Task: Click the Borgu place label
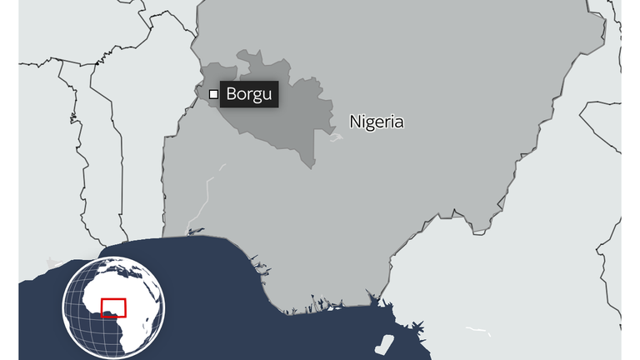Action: pos(248,94)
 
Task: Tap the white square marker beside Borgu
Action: pos(213,94)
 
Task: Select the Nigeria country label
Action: pos(377,122)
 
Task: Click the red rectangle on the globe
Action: pos(113,307)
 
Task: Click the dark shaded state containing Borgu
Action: pos(275,117)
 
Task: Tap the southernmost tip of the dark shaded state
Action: pos(312,166)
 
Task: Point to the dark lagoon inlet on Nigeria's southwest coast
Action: pos(195,231)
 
